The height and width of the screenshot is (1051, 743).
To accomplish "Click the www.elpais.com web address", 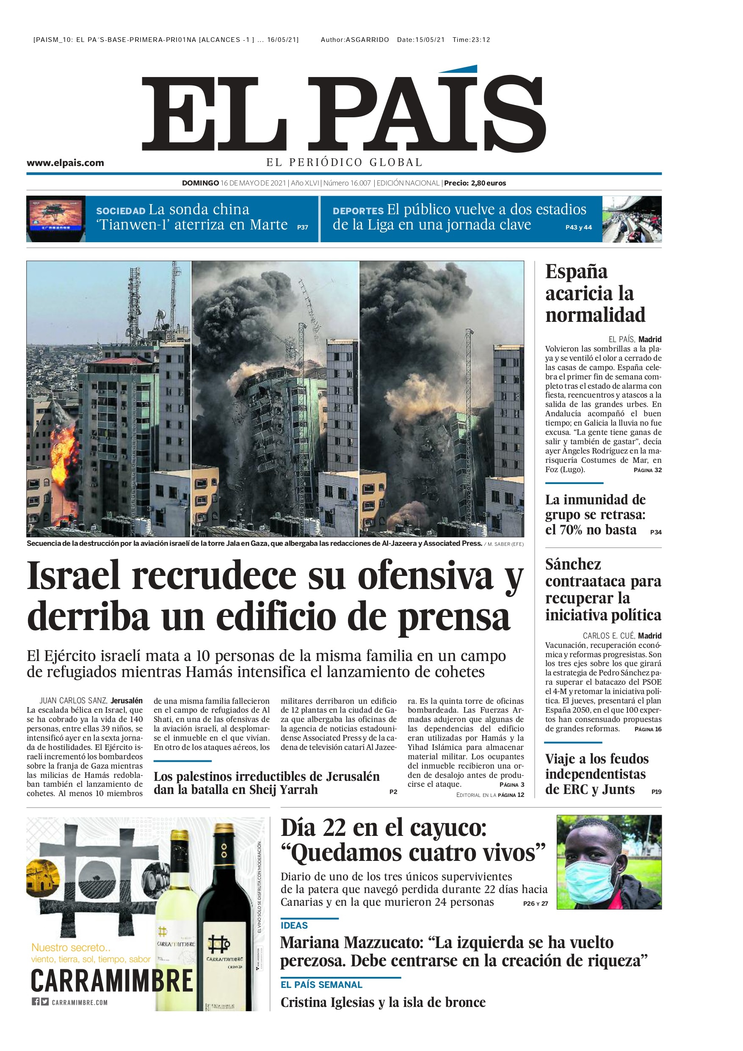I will pyautogui.click(x=65, y=163).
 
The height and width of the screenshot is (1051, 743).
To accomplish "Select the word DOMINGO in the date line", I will pyautogui.click(x=200, y=183).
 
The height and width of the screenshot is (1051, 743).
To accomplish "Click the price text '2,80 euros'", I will pyautogui.click(x=489, y=183).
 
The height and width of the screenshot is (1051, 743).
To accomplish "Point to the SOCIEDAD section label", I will pyautogui.click(x=120, y=211).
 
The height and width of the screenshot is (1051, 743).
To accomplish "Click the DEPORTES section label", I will pyautogui.click(x=358, y=211).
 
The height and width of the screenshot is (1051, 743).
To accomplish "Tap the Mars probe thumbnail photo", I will pyautogui.click(x=56, y=219).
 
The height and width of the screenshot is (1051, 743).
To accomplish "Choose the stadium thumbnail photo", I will pyautogui.click(x=631, y=219).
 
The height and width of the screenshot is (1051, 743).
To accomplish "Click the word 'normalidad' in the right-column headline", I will pyautogui.click(x=595, y=315).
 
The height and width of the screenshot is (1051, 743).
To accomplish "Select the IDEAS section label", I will pyautogui.click(x=294, y=926).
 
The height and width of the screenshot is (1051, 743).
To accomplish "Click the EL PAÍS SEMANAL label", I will pyautogui.click(x=321, y=985).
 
